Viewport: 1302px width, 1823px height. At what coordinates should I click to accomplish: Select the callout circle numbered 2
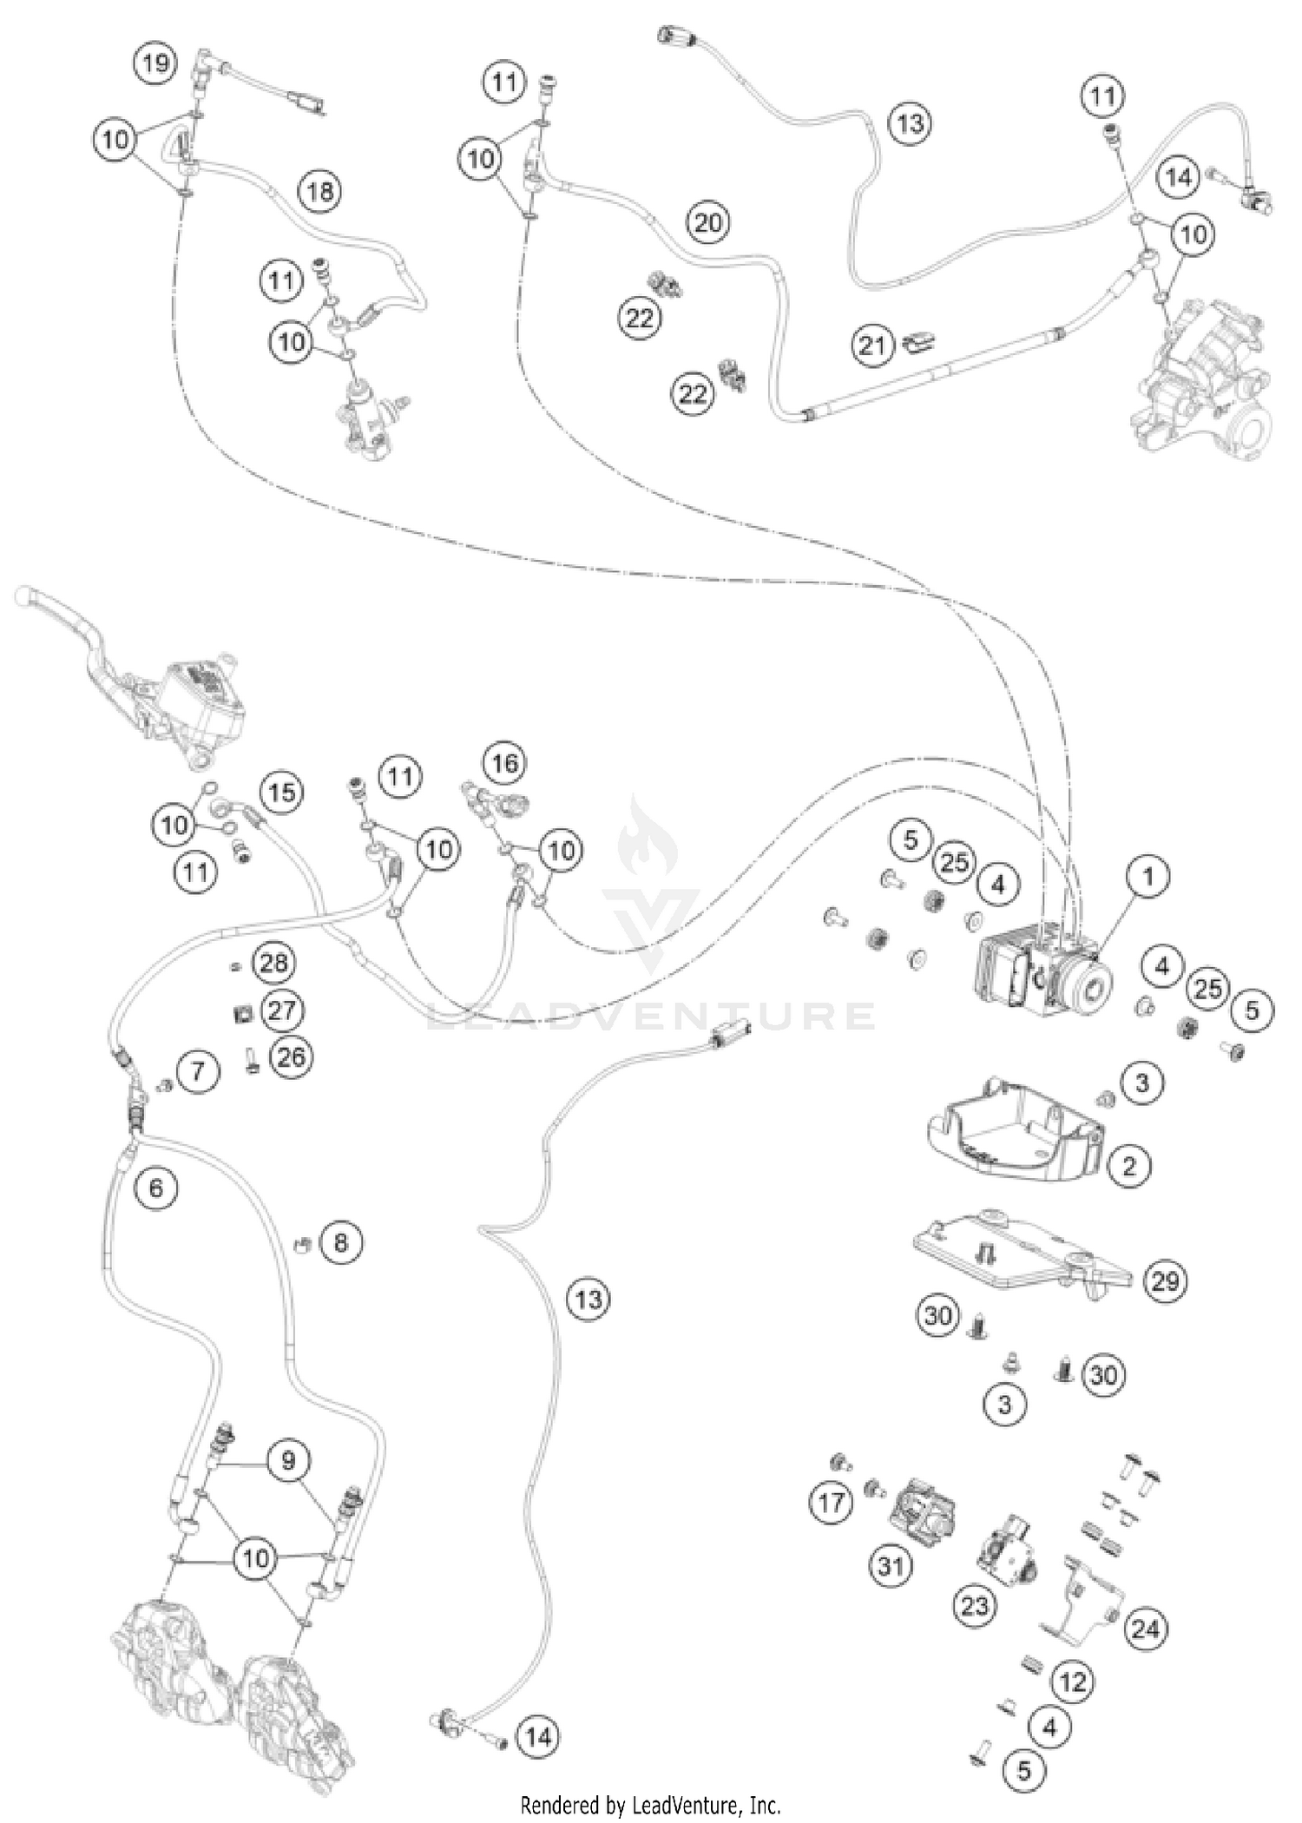(x=1128, y=1165)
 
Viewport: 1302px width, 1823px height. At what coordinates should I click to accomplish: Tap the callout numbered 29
(x=1165, y=1280)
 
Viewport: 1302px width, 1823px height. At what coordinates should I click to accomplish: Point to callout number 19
(x=155, y=63)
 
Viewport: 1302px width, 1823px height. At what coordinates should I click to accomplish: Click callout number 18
(x=320, y=190)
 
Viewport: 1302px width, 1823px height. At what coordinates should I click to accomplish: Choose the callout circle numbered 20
(x=708, y=223)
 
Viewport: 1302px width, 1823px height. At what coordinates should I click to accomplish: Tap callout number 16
(x=505, y=763)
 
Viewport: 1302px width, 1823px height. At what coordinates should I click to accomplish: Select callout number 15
(x=281, y=793)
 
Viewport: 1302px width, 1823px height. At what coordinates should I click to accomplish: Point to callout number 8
(x=340, y=1243)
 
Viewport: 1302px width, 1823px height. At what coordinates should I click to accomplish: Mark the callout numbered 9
(x=288, y=1460)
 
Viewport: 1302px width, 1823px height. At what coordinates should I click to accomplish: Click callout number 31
(x=891, y=1566)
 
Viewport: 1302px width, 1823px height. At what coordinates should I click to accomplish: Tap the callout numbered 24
(x=1145, y=1629)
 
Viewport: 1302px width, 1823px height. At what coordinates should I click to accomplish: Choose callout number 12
(x=1073, y=1682)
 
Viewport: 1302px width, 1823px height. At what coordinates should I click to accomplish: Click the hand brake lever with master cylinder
(x=130, y=677)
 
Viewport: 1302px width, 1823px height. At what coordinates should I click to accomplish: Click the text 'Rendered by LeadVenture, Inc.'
(x=650, y=1806)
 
